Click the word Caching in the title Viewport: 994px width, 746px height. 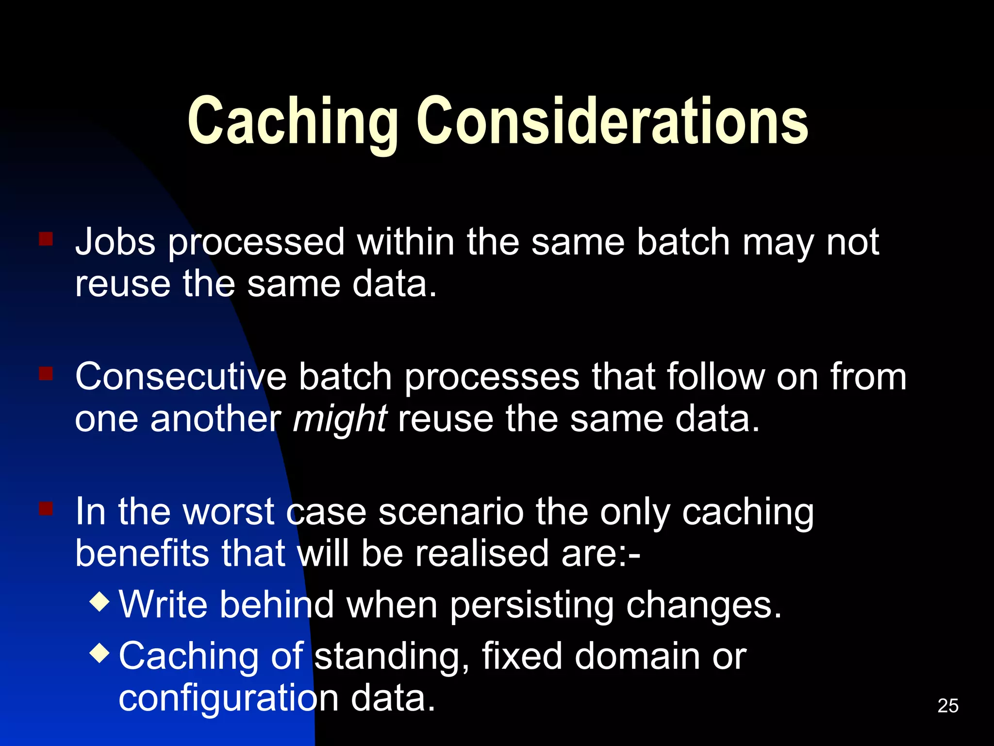(293, 121)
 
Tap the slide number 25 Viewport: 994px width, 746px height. (948, 706)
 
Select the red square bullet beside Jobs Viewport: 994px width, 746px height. (46, 239)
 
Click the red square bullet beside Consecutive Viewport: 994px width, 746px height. (46, 373)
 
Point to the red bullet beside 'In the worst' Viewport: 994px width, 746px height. (46, 509)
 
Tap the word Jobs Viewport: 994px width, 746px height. (116, 242)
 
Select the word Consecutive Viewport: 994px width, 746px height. (181, 377)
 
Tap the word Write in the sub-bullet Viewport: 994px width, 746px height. (163, 605)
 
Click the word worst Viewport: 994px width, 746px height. (229, 512)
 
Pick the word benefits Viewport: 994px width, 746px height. (142, 554)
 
